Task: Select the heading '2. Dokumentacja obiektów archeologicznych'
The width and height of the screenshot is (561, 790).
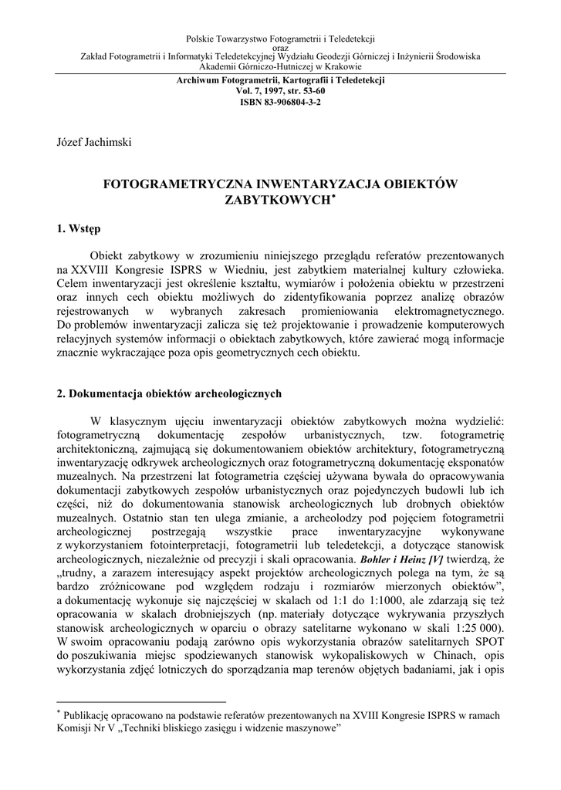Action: point(170,394)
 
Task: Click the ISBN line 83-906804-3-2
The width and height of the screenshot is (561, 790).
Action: point(280,102)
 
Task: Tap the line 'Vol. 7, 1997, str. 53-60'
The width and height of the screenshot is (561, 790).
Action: point(280,91)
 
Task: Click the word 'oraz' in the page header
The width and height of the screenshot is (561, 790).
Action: point(281,47)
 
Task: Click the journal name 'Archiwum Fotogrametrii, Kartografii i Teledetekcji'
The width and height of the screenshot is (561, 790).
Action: point(280,80)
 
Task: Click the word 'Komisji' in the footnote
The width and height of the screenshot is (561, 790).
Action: point(76,728)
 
